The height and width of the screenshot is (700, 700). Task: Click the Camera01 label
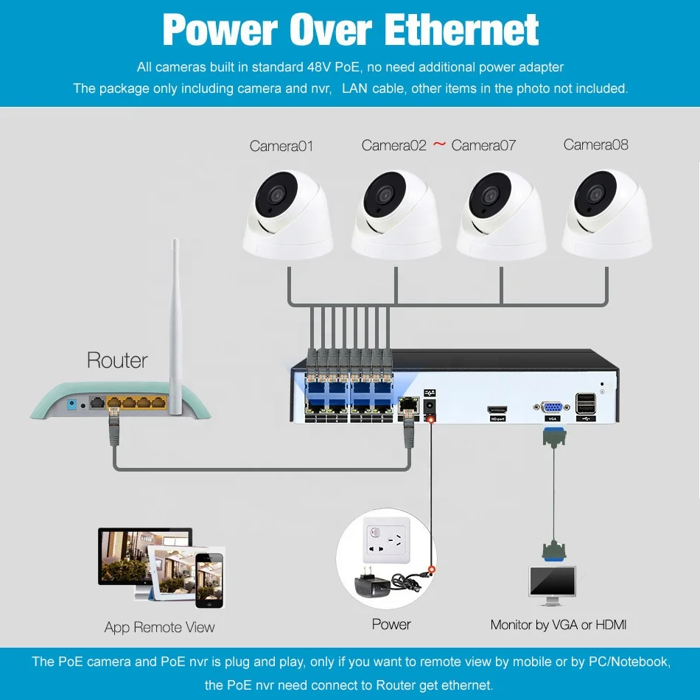click(281, 146)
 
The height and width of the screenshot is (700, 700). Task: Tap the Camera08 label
click(595, 144)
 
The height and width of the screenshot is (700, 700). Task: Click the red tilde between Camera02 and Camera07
click(439, 144)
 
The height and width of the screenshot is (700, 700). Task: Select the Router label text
click(117, 360)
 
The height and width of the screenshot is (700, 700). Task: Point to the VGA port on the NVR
click(552, 407)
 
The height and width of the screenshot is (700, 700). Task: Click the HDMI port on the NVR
click(497, 410)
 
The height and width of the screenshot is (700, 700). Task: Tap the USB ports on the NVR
click(586, 403)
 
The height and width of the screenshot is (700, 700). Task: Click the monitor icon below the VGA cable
click(552, 586)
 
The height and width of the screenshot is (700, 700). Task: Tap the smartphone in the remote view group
click(209, 581)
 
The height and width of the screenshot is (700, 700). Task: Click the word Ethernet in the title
click(461, 29)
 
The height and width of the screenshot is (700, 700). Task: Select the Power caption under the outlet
click(391, 624)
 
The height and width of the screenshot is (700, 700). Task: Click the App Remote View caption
click(159, 627)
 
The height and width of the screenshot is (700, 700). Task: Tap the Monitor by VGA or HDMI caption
click(558, 625)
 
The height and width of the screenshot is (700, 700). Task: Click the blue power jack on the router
click(71, 405)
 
